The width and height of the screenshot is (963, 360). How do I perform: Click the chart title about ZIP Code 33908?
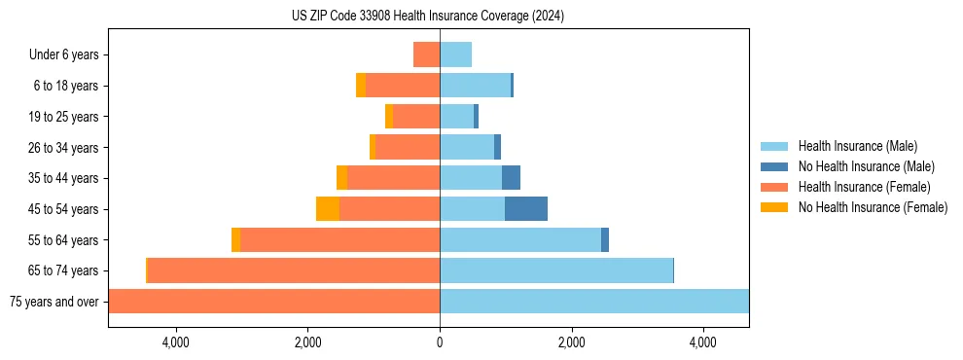[x=427, y=17]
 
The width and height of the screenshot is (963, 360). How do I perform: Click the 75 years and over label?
[x=53, y=302]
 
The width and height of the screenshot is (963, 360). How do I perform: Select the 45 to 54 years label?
[x=63, y=209]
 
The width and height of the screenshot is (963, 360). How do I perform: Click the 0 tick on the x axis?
[x=440, y=342]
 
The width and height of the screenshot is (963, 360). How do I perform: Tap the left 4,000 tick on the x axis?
[x=176, y=342]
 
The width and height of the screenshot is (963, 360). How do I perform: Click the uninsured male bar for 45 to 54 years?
[x=526, y=209]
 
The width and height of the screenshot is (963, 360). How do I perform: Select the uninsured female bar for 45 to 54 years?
[x=328, y=209]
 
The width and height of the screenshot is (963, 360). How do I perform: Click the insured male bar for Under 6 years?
[x=455, y=55]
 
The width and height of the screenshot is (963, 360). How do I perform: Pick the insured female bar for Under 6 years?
[x=426, y=55]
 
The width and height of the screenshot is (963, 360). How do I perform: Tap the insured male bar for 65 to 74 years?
[x=556, y=270]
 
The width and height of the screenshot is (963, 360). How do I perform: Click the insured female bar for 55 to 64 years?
[x=339, y=239]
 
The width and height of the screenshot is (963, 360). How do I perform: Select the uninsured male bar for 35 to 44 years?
[x=511, y=178]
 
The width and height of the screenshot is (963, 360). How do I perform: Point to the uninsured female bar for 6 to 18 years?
[x=361, y=86]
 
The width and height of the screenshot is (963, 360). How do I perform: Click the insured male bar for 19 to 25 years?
[x=456, y=117]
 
